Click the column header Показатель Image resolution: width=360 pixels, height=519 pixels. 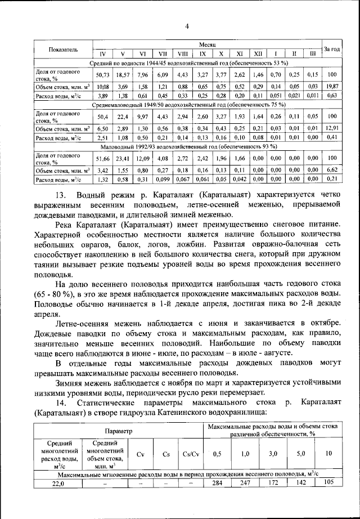point(63,50)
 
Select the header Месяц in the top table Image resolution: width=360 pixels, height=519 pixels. point(204,44)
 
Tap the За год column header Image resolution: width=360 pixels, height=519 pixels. point(331,50)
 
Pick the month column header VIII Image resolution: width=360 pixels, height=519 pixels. point(182,54)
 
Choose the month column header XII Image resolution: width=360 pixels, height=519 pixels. point(258,54)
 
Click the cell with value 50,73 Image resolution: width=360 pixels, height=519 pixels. point(103,75)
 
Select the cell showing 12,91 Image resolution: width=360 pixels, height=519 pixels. point(331,129)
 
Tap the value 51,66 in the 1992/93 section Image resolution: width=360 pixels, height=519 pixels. point(103,158)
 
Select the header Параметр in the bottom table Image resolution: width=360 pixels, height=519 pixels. point(119,431)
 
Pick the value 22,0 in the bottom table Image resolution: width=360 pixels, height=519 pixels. point(58,484)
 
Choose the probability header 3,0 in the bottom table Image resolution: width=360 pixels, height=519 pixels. point(273,454)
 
